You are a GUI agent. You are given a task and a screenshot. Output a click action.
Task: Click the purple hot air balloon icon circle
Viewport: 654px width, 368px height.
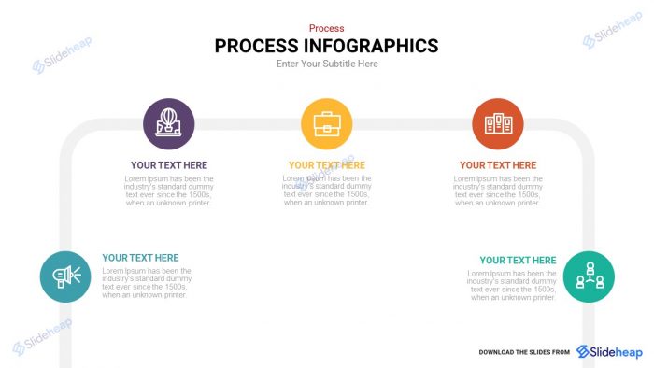pyautogui.click(x=169, y=123)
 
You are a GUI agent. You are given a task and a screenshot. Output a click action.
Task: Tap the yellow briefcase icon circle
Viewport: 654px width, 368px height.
pyautogui.click(x=326, y=123)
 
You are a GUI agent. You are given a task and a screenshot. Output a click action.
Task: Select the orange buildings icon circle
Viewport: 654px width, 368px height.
pyautogui.click(x=497, y=123)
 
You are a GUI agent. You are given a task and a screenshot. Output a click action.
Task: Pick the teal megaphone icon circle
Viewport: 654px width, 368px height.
pyautogui.click(x=65, y=276)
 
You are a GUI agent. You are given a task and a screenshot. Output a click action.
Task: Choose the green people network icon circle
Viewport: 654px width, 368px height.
pyautogui.click(x=589, y=276)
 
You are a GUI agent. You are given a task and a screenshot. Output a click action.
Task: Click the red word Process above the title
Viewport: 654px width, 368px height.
pyautogui.click(x=326, y=29)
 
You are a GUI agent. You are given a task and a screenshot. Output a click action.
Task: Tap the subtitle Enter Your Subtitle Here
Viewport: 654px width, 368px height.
pyautogui.click(x=326, y=64)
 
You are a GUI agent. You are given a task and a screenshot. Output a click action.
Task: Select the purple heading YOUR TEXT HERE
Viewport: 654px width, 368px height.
pyautogui.click(x=169, y=165)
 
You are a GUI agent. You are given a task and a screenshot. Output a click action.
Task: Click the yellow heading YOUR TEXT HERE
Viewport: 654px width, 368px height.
pyautogui.click(x=326, y=165)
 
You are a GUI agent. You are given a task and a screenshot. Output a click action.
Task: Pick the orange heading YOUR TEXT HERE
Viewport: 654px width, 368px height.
pyautogui.click(x=497, y=165)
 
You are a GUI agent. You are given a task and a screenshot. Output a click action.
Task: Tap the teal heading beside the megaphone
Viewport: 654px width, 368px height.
pyautogui.click(x=140, y=258)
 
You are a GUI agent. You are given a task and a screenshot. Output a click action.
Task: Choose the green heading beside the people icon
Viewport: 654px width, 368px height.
pyautogui.click(x=518, y=261)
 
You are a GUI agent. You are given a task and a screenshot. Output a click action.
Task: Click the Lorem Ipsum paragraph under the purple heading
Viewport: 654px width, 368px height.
pyautogui.click(x=169, y=191)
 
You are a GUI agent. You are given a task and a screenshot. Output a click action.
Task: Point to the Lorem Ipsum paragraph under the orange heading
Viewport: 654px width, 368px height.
pyautogui.click(x=497, y=191)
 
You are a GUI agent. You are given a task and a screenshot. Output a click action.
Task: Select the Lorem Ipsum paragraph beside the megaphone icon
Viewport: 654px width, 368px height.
pyautogui.click(x=147, y=283)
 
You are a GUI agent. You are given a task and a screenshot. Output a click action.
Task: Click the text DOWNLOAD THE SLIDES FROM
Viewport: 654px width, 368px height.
pyautogui.click(x=524, y=352)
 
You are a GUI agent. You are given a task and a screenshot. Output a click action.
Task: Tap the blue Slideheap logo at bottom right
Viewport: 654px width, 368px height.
pyautogui.click(x=609, y=351)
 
